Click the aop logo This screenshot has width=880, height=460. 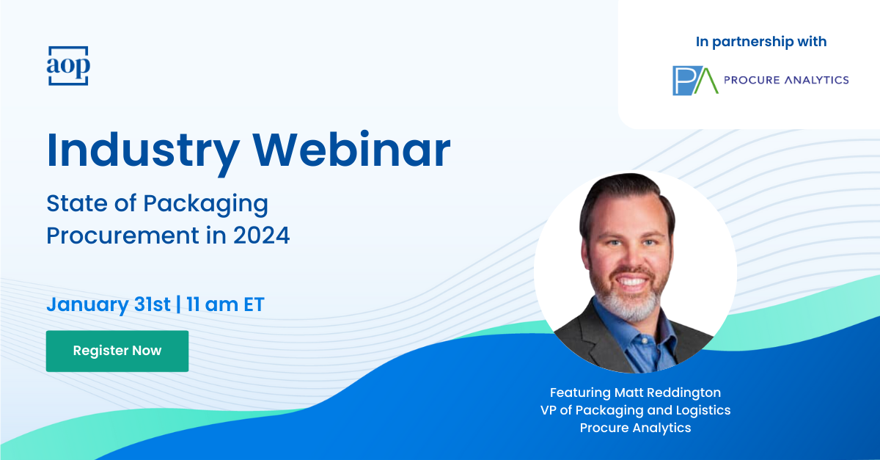point(68,65)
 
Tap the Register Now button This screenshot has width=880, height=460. point(117,351)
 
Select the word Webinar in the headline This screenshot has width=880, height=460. point(351,150)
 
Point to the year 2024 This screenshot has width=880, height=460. point(261,236)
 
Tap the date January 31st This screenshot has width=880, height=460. point(109,304)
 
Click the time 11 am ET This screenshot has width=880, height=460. point(225,304)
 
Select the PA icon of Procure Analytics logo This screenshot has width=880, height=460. point(695,81)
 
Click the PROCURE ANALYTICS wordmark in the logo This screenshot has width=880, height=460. point(786,80)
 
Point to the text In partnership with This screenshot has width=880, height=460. point(761,42)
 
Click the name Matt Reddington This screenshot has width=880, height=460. point(667,393)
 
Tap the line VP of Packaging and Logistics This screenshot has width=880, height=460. point(635,410)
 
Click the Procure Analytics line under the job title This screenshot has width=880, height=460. point(635,428)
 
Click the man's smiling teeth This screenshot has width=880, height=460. point(631,282)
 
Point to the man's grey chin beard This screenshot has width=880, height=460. point(630,305)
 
